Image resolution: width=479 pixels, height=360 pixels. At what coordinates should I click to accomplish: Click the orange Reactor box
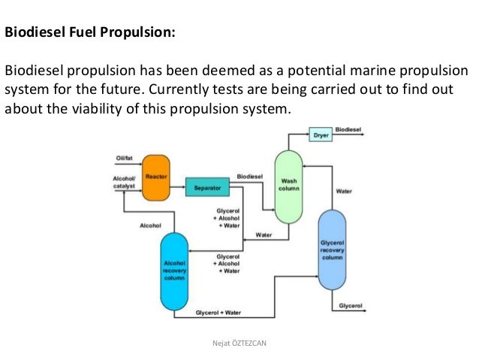pos(155,177)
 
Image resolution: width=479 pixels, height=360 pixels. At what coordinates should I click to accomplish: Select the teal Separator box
pos(206,188)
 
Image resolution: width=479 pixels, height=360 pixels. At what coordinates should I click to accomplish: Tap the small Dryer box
pos(320,135)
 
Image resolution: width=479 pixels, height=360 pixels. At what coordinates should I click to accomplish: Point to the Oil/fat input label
pos(124,158)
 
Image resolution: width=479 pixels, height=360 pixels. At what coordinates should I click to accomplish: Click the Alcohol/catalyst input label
pos(122,182)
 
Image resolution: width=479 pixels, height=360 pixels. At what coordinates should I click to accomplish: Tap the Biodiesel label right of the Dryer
pos(348,129)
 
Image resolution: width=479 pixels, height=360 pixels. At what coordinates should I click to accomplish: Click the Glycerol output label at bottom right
pos(351,306)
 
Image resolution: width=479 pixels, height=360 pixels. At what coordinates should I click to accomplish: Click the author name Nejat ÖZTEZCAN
pos(239,343)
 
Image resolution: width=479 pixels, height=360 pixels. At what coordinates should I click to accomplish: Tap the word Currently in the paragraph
pos(176,90)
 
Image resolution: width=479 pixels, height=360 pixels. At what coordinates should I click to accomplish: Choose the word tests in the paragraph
pos(223,90)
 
